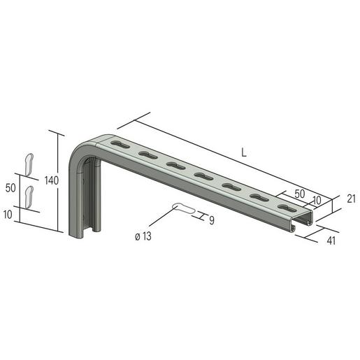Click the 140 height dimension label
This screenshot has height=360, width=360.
(51, 180)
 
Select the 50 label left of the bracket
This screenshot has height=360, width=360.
(10, 188)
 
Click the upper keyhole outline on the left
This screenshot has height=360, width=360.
(29, 163)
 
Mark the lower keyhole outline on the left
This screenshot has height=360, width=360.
(29, 196)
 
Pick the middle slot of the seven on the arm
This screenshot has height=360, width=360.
(203, 176)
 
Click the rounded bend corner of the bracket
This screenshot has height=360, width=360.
(82, 145)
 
